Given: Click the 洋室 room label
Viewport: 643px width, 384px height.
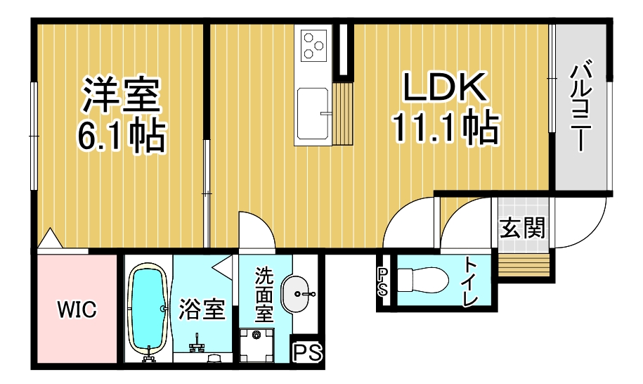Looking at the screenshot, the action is click(x=121, y=94).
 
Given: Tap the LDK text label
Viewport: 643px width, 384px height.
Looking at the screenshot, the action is click(x=446, y=87).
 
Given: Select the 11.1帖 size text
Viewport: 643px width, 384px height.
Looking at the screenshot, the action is click(x=446, y=127).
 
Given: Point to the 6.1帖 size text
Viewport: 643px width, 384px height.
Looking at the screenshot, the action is click(x=122, y=135).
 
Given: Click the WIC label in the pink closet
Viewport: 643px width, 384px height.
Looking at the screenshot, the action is click(x=77, y=309).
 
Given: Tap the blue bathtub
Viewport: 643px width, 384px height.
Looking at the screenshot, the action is click(x=148, y=309).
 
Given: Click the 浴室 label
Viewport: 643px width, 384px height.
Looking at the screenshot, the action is click(x=202, y=309).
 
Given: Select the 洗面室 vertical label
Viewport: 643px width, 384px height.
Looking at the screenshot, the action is click(x=264, y=295).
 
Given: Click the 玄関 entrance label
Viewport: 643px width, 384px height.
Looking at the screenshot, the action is click(x=522, y=227).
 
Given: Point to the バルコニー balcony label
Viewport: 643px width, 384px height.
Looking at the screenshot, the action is click(x=581, y=106).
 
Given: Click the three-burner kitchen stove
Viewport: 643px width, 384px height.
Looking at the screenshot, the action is click(x=313, y=45).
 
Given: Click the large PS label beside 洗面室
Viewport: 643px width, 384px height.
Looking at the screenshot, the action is click(x=308, y=352).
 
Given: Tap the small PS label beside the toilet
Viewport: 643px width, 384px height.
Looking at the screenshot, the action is click(x=383, y=282).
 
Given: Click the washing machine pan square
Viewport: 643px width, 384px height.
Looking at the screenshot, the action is click(x=256, y=345).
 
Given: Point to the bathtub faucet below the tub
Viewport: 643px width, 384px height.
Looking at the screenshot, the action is click(x=149, y=355).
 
